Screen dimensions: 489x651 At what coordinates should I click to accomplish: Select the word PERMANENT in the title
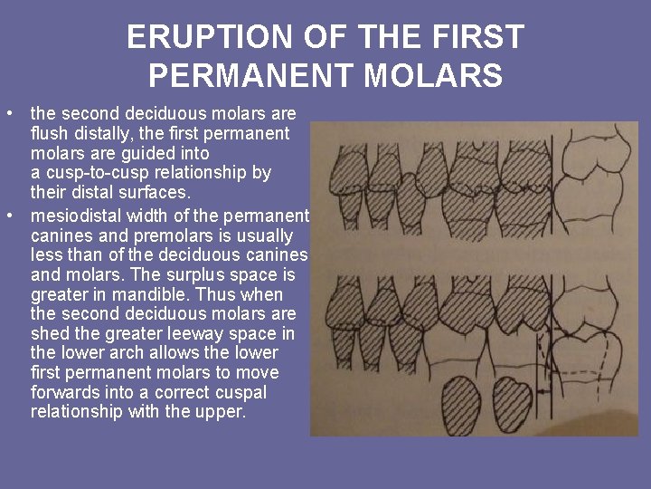coord(251,75)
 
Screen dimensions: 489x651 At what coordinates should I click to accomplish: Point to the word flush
coord(49,133)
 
